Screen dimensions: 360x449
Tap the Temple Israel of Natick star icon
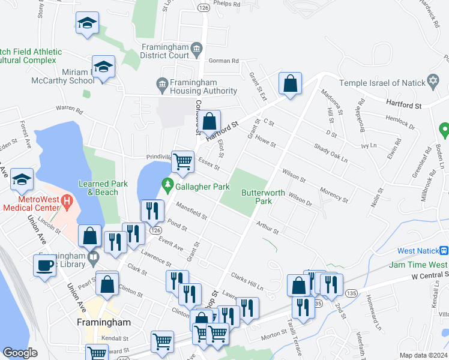point(433,82)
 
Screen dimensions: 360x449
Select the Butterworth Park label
point(257,197)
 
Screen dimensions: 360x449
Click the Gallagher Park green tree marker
point(169,184)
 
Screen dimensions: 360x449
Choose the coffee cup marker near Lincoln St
point(44,265)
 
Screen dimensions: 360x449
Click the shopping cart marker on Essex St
point(182,160)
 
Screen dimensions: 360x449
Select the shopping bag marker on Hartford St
point(209,121)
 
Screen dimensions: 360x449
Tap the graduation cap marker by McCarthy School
point(103,66)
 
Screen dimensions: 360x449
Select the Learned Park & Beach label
point(98,188)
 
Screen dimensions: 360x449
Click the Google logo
point(20,353)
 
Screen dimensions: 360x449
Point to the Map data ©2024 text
point(423,355)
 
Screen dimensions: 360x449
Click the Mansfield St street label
point(191,212)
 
